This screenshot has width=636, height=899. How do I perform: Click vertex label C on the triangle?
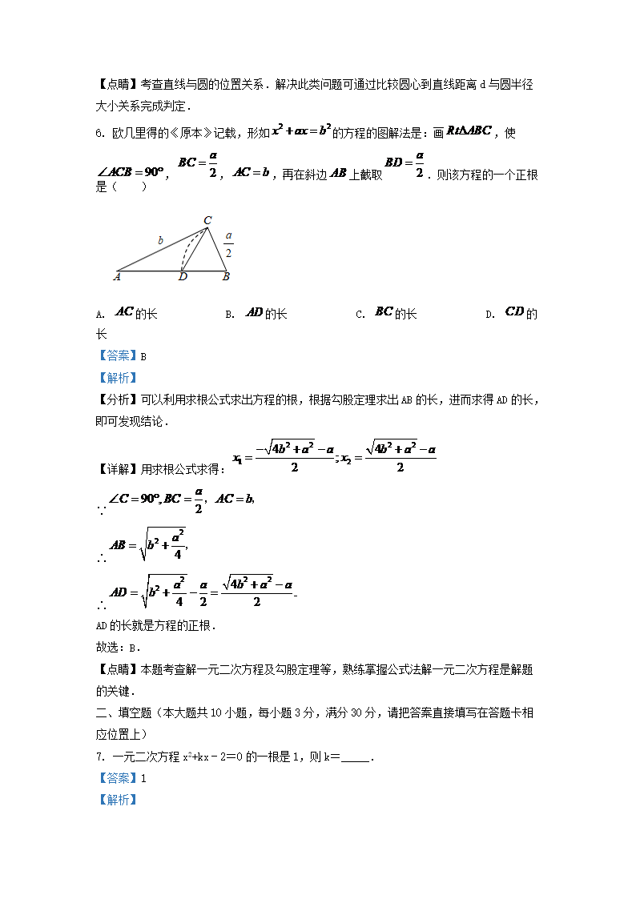tap(207, 220)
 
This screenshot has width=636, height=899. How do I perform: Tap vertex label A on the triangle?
tap(117, 277)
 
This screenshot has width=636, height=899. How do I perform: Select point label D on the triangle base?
tap(183, 278)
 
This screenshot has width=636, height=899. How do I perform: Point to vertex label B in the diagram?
tap(226, 277)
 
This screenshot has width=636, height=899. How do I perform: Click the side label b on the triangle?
tap(160, 239)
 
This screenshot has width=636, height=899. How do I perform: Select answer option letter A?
tap(99, 315)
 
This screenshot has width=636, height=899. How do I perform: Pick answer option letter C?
tap(360, 315)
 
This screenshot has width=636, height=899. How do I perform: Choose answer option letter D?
tap(489, 315)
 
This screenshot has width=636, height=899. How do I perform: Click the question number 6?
tap(99, 133)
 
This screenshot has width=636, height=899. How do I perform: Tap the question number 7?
tap(99, 757)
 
